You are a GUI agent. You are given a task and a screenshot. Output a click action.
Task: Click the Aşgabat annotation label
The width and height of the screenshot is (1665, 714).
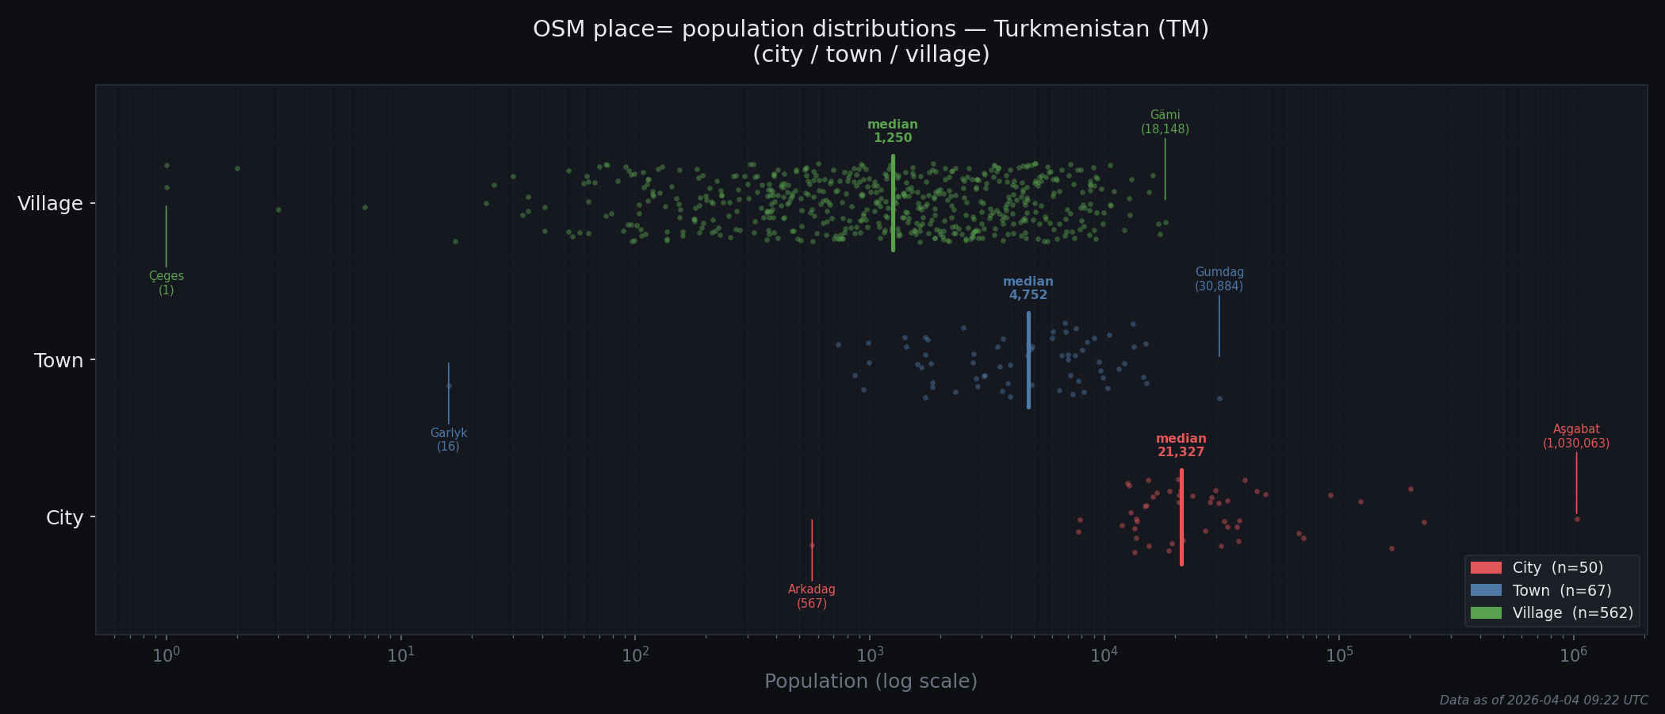1576,436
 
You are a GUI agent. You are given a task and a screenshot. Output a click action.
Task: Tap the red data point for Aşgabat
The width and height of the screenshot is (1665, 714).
1577,519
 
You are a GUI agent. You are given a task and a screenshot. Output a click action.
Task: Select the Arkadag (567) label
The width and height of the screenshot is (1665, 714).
811,597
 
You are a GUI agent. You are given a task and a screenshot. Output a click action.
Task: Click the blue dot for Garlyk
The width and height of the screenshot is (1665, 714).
449,386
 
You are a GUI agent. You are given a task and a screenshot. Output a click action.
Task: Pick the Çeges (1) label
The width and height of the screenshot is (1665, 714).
166,283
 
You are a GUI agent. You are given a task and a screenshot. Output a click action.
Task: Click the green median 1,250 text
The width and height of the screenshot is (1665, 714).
893,131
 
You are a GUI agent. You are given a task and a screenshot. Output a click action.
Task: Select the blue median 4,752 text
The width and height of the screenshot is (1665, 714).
1028,288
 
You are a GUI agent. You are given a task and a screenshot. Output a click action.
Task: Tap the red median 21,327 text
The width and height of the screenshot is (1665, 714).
1181,445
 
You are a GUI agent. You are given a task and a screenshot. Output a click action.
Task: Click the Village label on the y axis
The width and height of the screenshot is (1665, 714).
50,204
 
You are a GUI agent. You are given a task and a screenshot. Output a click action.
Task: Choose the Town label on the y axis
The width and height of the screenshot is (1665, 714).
59,361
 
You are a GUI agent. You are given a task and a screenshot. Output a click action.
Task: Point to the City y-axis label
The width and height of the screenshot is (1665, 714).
64,518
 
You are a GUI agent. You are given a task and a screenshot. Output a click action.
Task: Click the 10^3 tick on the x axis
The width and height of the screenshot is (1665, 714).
869,655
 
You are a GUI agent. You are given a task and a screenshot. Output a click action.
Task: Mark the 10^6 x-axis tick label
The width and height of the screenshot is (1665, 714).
1573,655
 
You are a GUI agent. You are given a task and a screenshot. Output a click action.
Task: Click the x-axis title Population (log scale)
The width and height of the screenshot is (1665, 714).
871,681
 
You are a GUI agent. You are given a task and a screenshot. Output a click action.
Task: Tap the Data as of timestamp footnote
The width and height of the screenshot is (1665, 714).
1543,701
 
